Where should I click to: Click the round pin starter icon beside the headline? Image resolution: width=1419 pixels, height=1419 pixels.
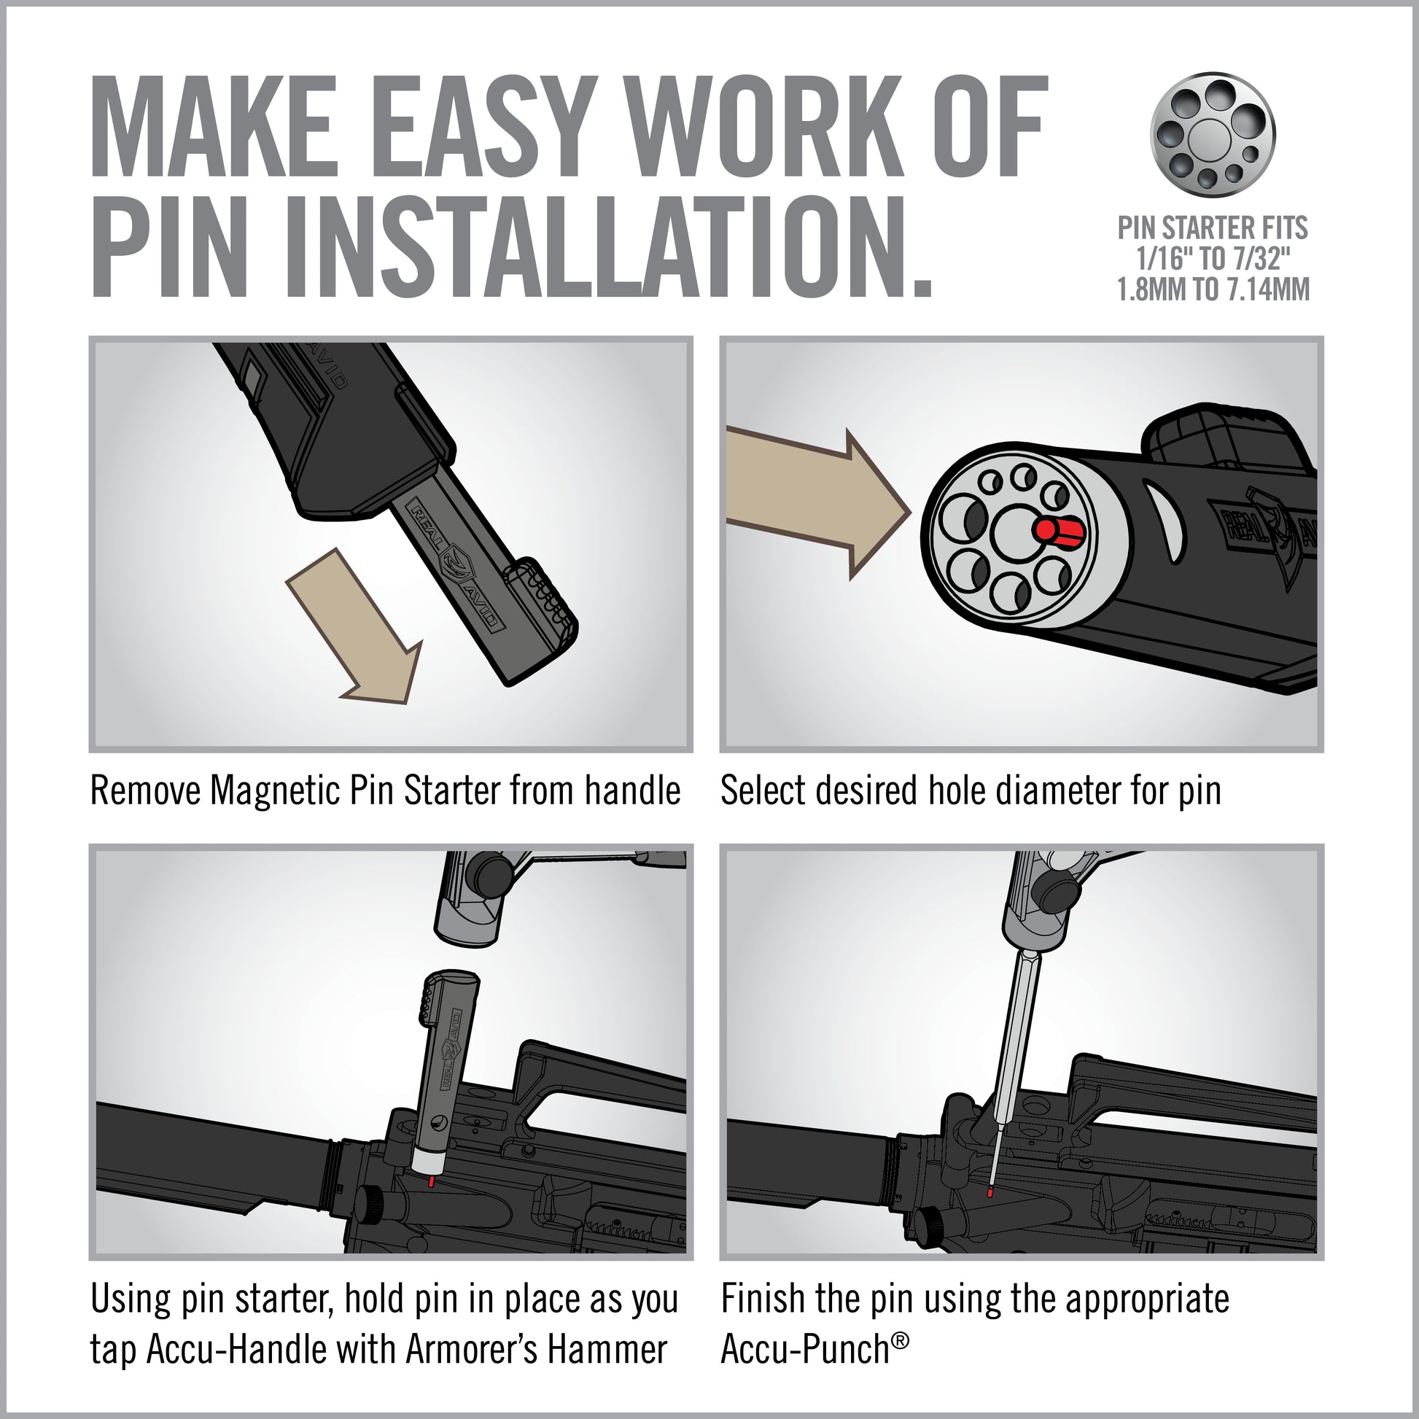click(1213, 134)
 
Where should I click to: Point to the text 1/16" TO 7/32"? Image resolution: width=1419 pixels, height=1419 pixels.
click(1213, 260)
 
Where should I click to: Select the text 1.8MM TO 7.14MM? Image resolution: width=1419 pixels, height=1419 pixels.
click(1213, 289)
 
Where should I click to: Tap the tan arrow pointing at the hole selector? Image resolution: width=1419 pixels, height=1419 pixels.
click(817, 503)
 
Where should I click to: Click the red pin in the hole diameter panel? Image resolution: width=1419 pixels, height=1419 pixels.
click(1058, 530)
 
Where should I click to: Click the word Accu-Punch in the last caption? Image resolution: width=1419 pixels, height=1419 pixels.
click(805, 1349)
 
